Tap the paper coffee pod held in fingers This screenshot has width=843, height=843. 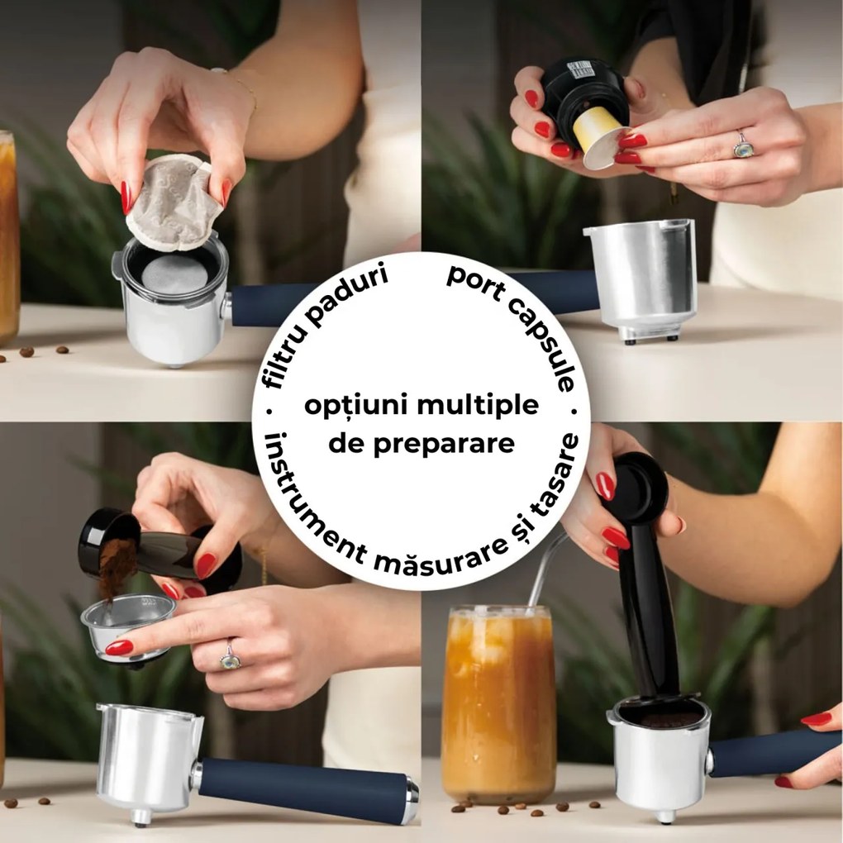pyautogui.click(x=174, y=202)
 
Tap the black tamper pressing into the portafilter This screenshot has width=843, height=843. pyautogui.click(x=649, y=579)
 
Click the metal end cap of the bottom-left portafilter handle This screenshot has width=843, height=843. pyautogui.click(x=411, y=799)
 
